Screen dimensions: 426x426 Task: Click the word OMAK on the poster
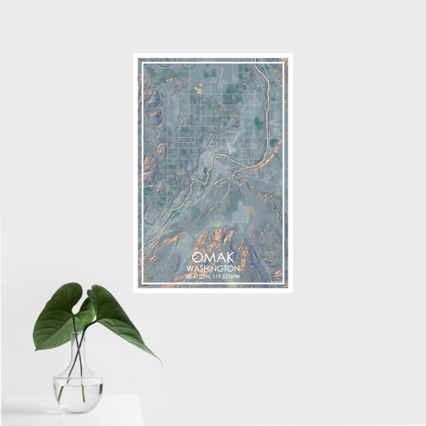[x=213, y=258]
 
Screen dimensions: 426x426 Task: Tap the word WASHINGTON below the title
[x=213, y=268]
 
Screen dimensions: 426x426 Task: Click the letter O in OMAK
[x=198, y=258]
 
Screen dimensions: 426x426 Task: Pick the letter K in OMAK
[x=228, y=258]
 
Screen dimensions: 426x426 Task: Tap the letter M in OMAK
[x=209, y=258]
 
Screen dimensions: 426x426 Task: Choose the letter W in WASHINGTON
[x=190, y=268]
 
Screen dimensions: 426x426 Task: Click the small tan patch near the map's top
[x=198, y=90]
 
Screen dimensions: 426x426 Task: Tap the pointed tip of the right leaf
[x=161, y=363]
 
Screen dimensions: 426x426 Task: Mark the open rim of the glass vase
[x=79, y=334]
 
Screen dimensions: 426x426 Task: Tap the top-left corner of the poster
[x=134, y=54]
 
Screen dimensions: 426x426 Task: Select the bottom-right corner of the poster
[x=292, y=292]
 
